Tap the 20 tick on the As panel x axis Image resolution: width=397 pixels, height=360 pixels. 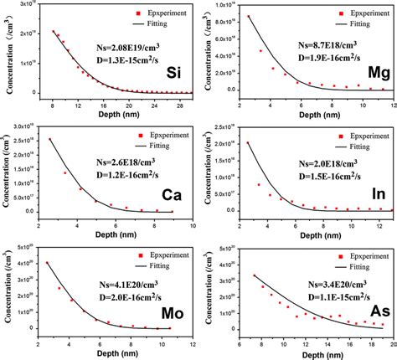pos(391,343)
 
